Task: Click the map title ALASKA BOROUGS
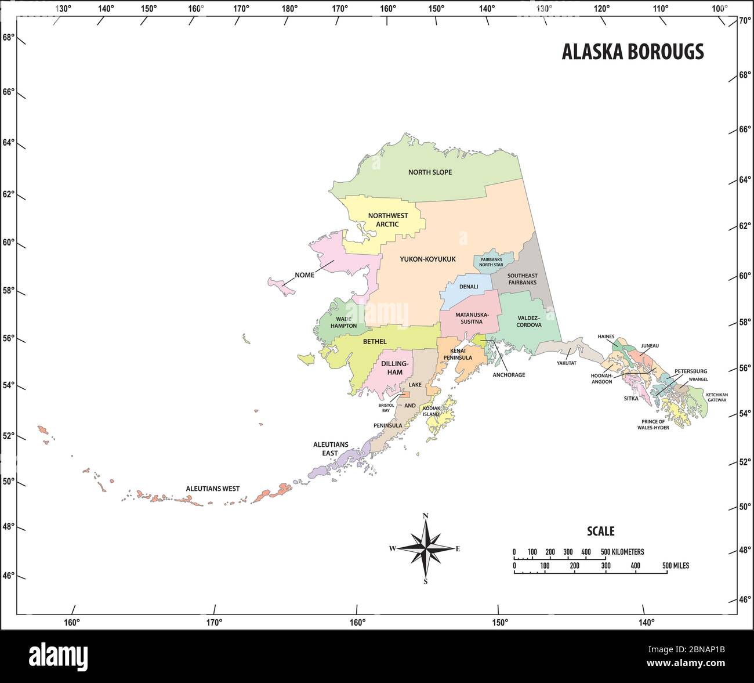(632, 52)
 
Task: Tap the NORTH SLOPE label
(430, 172)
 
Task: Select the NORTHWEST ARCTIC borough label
(388, 219)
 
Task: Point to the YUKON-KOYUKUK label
(427, 259)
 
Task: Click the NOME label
(304, 275)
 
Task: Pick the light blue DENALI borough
(468, 287)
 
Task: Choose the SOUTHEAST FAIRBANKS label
(522, 279)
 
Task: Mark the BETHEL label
(374, 342)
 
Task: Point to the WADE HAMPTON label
(344, 322)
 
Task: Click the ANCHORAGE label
(509, 375)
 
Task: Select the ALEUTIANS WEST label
(212, 489)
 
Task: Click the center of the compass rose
(426, 548)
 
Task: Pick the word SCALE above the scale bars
(600, 531)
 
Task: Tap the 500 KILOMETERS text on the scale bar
(622, 552)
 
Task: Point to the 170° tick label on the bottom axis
(214, 623)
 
